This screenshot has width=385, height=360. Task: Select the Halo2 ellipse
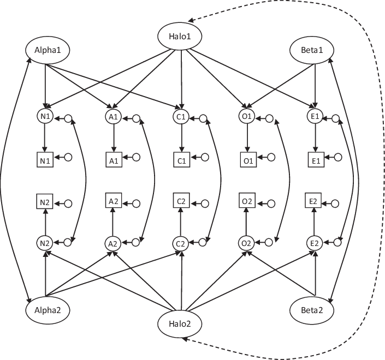[180, 325]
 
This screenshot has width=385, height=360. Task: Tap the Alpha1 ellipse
[46, 51]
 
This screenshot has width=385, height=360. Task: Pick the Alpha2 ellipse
[46, 310]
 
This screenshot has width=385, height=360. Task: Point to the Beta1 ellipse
[313, 51]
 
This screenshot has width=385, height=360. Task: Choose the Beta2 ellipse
[313, 310]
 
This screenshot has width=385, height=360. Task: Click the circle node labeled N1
[45, 117]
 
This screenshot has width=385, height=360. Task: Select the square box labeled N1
[45, 160]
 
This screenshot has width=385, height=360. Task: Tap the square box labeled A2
[113, 201]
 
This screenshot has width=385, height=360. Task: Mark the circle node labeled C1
[181, 117]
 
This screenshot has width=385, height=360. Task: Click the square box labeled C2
[181, 201]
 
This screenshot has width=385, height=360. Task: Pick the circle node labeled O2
[247, 243]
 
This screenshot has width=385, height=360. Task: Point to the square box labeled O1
[247, 160]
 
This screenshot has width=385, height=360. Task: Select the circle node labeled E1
[314, 117]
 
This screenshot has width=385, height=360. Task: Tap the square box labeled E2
[313, 201]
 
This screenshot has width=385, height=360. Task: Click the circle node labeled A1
[113, 117]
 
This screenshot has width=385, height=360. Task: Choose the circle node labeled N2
[45, 243]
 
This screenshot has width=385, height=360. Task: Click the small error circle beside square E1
[337, 158]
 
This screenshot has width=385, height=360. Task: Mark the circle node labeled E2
[314, 243]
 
